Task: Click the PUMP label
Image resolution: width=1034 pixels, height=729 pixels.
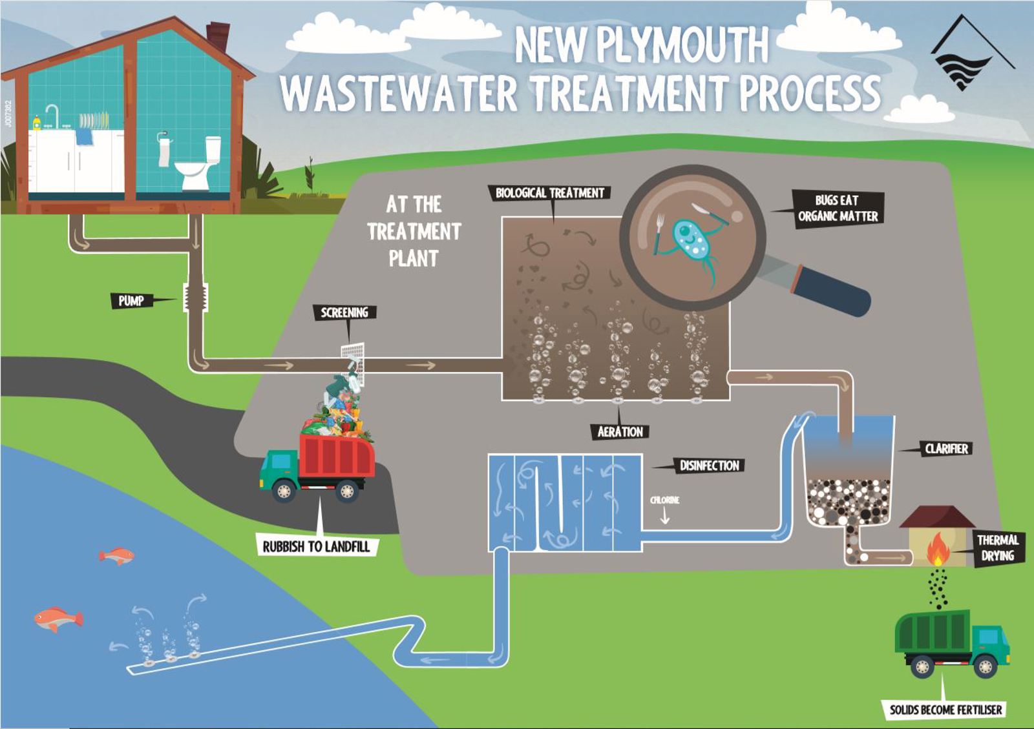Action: pos(131,301)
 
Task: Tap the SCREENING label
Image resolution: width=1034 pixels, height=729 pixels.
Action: pos(344,313)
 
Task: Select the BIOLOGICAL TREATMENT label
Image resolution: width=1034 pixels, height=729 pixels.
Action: pos(550,193)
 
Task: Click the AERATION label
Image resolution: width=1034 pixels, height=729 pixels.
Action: pos(620,432)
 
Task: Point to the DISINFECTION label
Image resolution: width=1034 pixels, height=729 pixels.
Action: pos(709,466)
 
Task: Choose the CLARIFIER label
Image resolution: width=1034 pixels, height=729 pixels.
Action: pos(946,449)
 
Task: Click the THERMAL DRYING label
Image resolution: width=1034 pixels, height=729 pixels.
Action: pos(997,548)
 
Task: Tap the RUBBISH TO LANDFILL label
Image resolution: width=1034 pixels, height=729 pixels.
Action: pos(316,547)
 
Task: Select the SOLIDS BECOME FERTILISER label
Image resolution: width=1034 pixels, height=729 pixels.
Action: pos(945,710)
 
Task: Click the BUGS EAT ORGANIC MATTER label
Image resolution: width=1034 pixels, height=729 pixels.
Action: pos(838,209)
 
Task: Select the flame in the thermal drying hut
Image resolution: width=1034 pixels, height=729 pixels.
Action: pos(938,549)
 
